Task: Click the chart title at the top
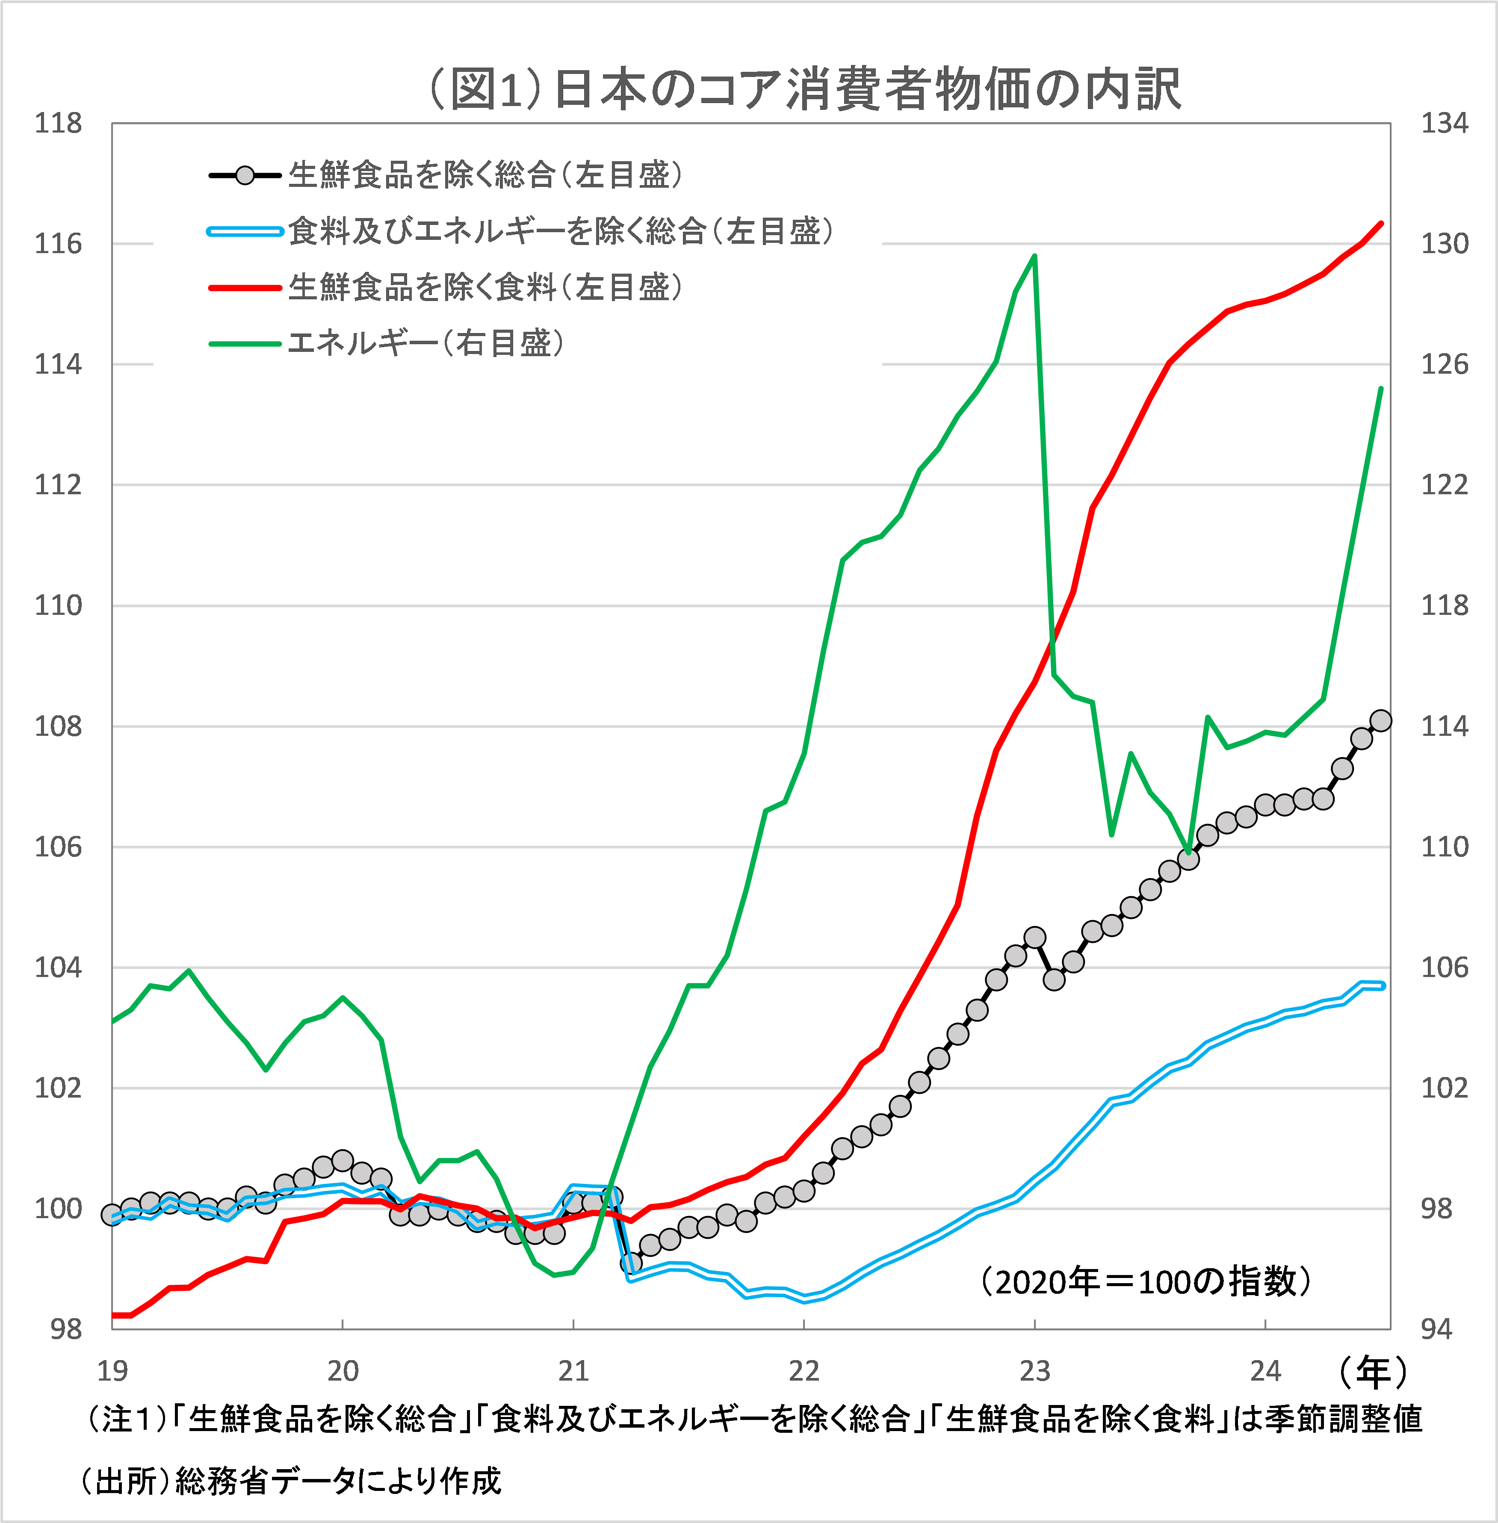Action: pos(803,89)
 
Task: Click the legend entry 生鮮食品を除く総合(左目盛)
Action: pos(484,174)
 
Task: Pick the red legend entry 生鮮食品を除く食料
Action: pos(484,287)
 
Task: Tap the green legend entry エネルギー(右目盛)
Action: pos(425,343)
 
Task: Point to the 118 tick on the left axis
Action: pos(57,124)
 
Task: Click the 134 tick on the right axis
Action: pos(1444,124)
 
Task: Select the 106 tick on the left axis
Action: pos(57,847)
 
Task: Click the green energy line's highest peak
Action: pos(1034,257)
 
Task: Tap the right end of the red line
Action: pos(1382,224)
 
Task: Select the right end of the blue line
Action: pos(1382,986)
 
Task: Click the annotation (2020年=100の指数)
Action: pos(1145,1281)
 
